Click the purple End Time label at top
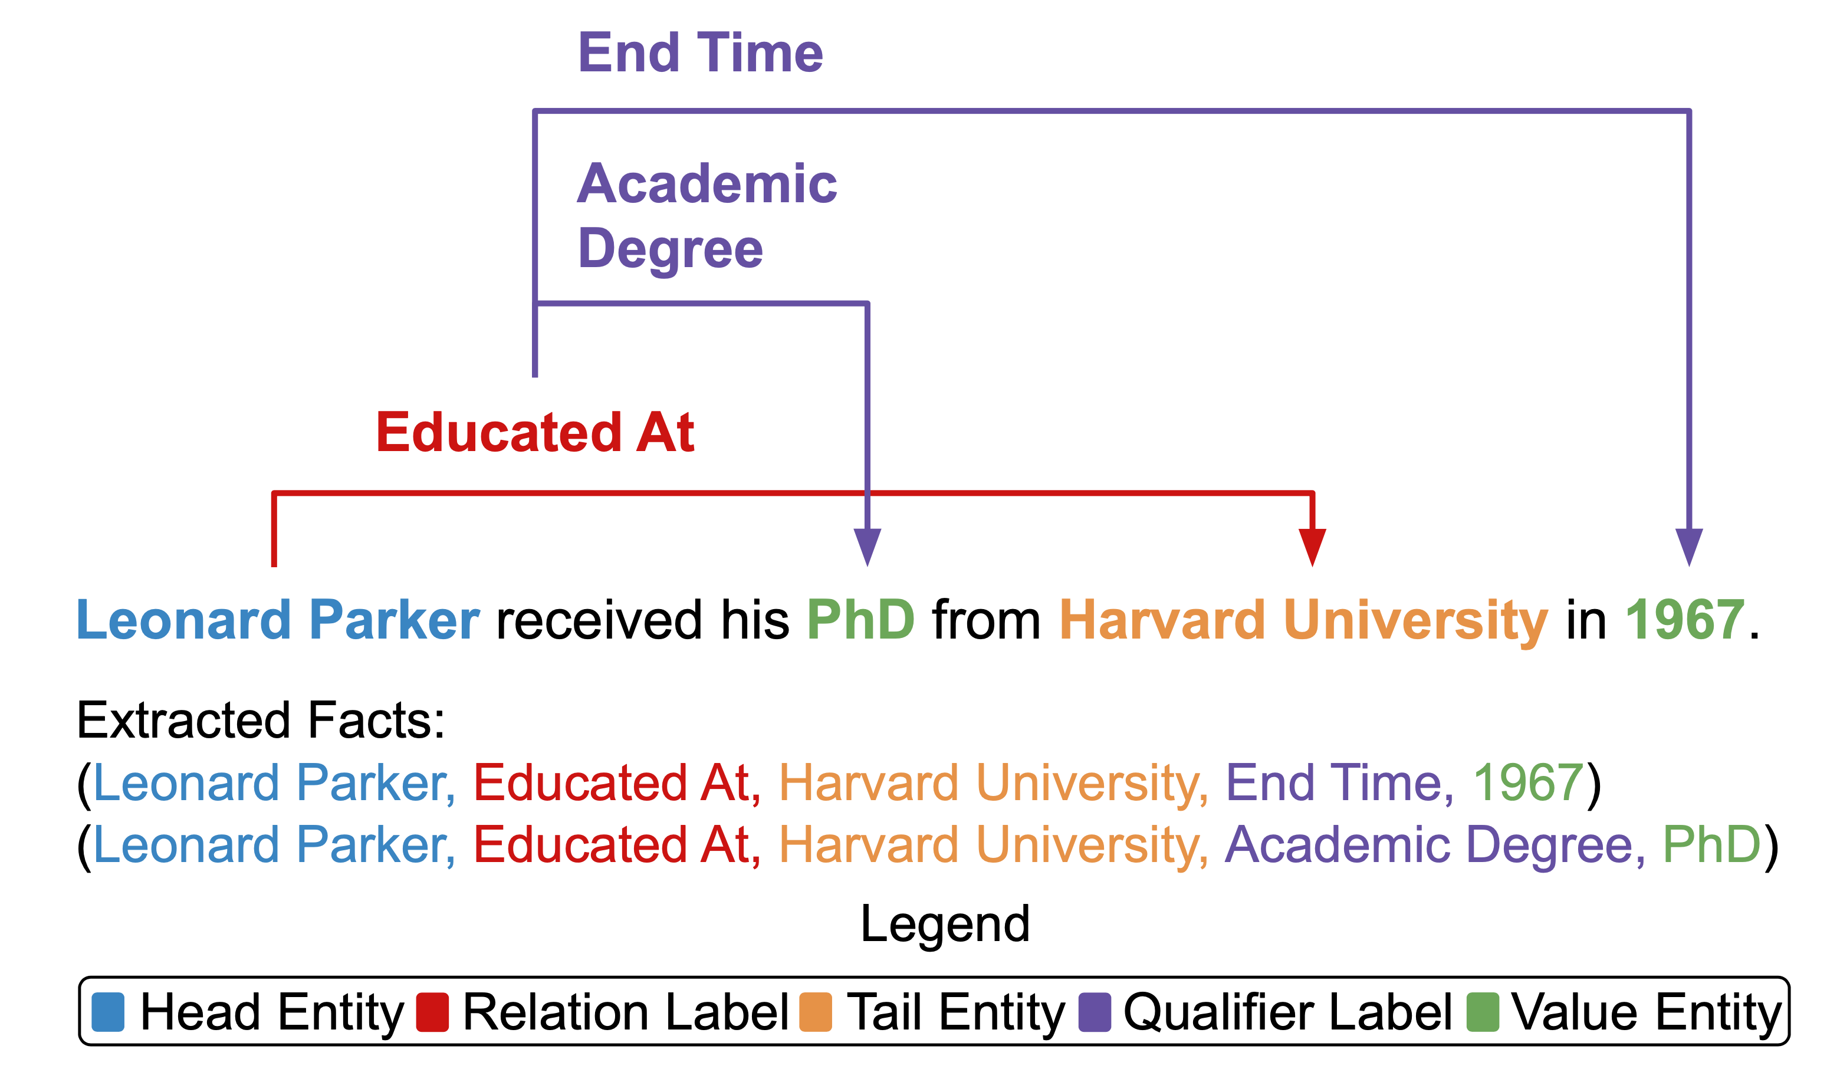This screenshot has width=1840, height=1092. pos(700,53)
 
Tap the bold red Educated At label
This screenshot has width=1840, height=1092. pos(535,432)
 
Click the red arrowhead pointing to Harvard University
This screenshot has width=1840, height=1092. pos(1312,547)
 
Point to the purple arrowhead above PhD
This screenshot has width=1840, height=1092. pos(867,547)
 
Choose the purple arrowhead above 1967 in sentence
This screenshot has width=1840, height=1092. pos(1689,547)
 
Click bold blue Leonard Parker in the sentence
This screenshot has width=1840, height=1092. pos(278,620)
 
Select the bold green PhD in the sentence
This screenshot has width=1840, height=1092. pos(860,620)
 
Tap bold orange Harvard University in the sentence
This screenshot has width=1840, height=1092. pos(1303,620)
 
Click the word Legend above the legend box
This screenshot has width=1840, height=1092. pos(945,923)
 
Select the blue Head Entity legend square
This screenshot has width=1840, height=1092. pos(108,1012)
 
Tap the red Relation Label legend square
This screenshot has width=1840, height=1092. pos(432,1012)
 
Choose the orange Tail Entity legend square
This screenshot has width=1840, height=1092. pos(816,1012)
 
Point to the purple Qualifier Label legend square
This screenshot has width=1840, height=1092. pos(1095,1012)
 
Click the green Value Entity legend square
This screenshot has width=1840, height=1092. pos(1482,1012)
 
